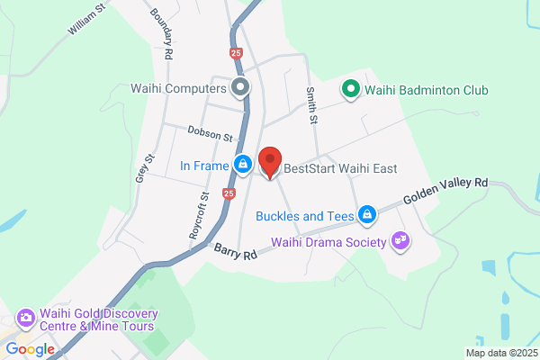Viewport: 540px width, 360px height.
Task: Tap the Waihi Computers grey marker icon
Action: [x=240, y=88]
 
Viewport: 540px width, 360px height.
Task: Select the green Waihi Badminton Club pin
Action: [x=349, y=90]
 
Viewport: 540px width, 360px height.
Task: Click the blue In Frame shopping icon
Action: [x=242, y=165]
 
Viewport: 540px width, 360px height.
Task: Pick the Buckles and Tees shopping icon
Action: [x=366, y=215]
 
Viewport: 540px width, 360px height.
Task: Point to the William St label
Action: [x=86, y=18]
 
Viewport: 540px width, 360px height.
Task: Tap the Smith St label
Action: [x=311, y=105]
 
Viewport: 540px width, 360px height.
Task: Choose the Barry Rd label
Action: [x=236, y=252]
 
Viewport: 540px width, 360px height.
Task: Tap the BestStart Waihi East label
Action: [x=340, y=168]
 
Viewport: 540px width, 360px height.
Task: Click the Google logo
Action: [x=30, y=349]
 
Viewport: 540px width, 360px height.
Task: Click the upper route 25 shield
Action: [x=236, y=55]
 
